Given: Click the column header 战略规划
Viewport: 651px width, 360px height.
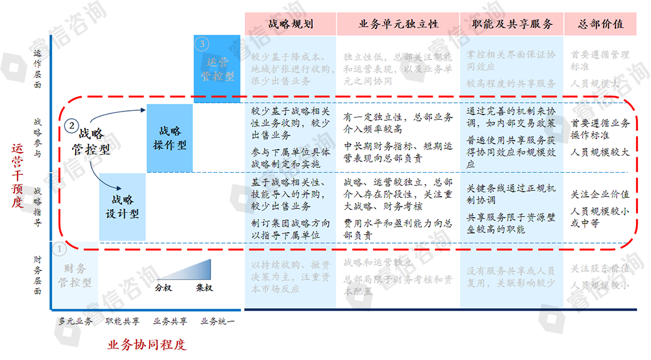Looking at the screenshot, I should (290, 24).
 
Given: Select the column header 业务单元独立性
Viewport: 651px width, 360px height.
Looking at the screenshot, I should (398, 24).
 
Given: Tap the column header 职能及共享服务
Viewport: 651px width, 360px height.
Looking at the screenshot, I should (512, 24).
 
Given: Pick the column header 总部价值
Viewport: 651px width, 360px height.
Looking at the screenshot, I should (601, 24).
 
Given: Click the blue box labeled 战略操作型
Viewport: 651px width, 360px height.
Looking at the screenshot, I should (170, 138).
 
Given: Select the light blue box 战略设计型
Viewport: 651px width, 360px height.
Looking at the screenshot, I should (122, 207).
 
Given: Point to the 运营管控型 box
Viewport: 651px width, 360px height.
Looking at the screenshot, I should (217, 69).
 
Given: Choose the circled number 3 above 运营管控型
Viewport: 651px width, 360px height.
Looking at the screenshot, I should (202, 44).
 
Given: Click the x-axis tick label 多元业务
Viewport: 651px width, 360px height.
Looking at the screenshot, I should (75, 322).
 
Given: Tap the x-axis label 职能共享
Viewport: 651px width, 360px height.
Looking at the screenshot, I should (122, 322).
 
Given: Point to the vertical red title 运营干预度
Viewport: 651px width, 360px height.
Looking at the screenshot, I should (18, 175).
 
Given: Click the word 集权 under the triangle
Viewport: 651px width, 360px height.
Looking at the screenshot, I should (204, 288).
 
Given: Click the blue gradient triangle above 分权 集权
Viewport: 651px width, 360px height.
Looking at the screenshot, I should (194, 272).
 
